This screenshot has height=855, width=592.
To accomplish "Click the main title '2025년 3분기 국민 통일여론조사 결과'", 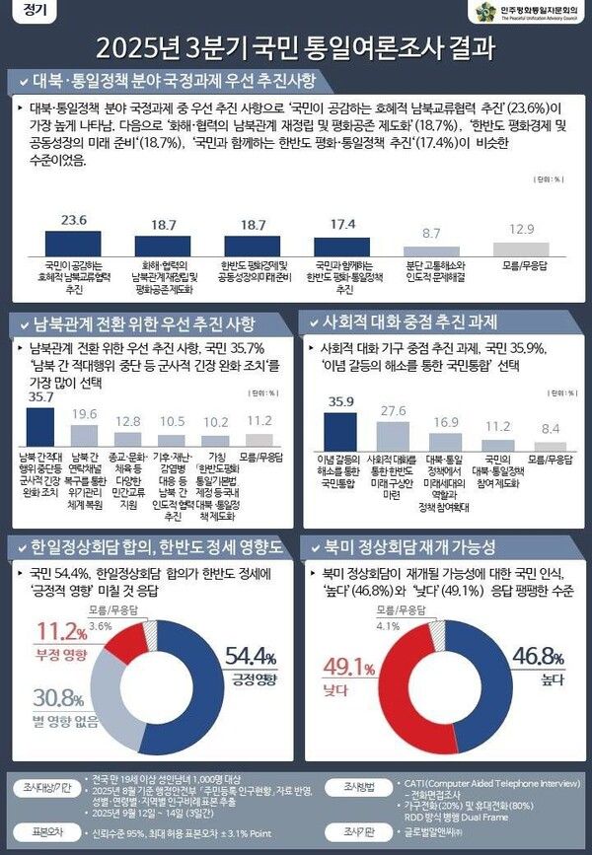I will (x=296, y=48).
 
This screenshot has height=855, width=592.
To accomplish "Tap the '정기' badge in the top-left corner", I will (x=24, y=12).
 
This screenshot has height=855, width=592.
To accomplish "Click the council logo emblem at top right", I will (x=484, y=12).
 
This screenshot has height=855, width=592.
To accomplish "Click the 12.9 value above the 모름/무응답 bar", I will (x=520, y=228).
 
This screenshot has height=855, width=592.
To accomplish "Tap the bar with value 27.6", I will (x=393, y=435).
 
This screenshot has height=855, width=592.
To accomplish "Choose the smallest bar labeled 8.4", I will (x=551, y=447).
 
